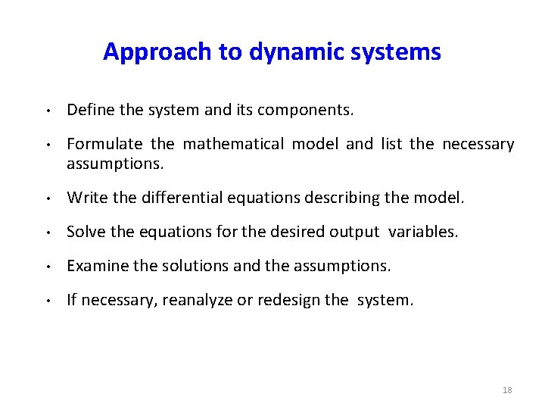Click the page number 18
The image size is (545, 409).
coord(507,390)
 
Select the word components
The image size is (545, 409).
coord(305,110)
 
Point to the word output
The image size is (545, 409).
coord(354,232)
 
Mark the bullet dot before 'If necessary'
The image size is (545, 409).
coord(47,301)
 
